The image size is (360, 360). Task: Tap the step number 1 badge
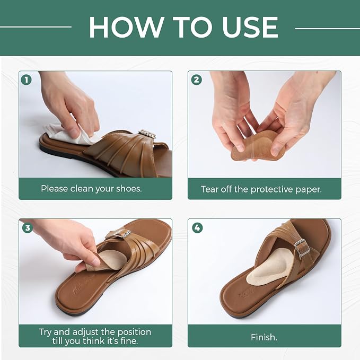[x=27, y=80]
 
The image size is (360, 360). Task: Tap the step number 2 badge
[x=197, y=80]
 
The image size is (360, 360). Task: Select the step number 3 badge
[x=28, y=228]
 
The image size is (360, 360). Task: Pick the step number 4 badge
[x=197, y=228]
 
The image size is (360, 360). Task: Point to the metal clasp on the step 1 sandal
[x=147, y=134]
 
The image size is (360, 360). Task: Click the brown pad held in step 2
[x=257, y=146]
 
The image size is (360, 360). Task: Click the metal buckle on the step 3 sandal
[x=122, y=233]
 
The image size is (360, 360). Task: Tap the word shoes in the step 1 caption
[x=129, y=189]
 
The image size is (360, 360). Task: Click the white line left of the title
[x=36, y=27]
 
